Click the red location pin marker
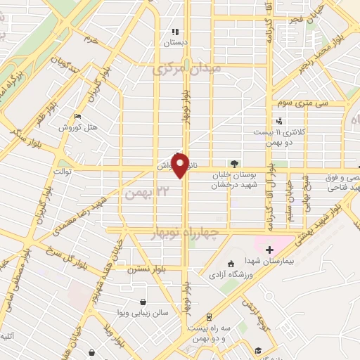(x=181, y=165)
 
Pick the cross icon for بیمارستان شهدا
(x=269, y=250)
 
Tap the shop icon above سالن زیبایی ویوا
(x=143, y=302)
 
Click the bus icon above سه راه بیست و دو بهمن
(x=208, y=317)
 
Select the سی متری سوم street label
(x=292, y=103)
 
